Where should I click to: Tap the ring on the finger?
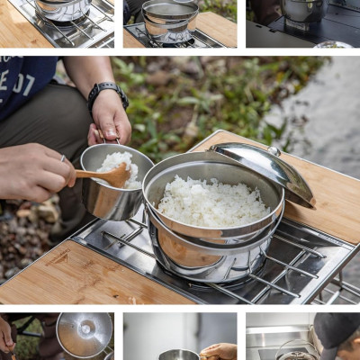point(64,159)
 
